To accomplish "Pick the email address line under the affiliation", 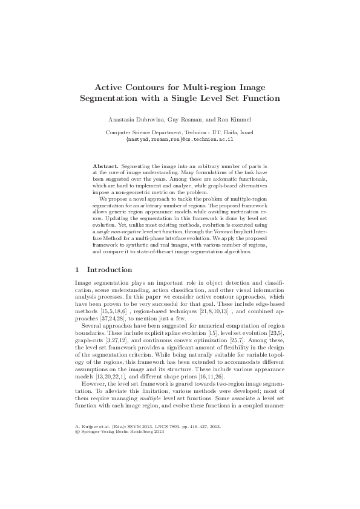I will coord(180,138).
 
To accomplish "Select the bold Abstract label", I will coord(105,165).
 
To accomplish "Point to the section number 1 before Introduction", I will coord(76,269).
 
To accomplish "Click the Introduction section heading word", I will coord(110,269).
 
